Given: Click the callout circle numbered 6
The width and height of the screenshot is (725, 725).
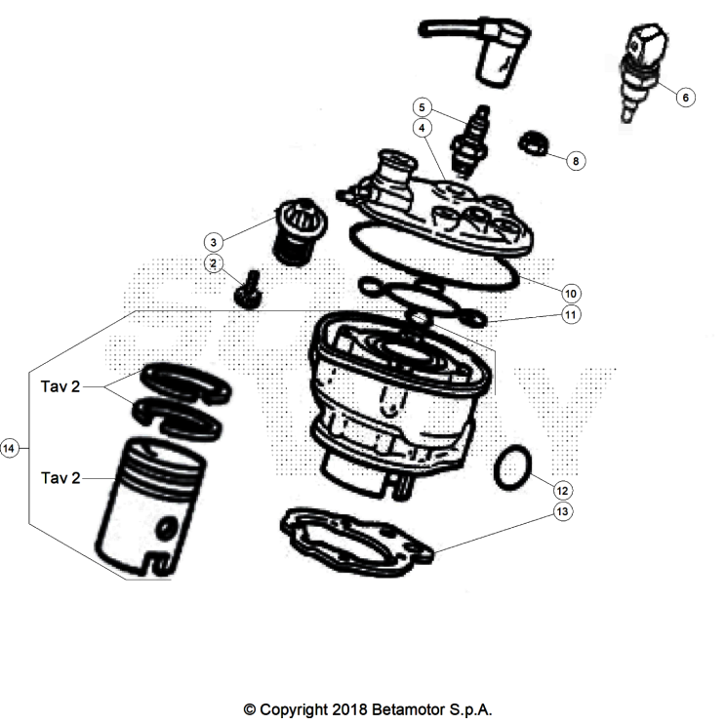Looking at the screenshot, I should click(x=684, y=97).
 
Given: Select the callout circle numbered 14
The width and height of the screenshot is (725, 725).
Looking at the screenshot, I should click(x=11, y=448).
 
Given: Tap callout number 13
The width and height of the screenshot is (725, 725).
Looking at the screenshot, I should click(x=561, y=510).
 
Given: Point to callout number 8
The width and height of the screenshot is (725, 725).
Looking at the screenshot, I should click(x=576, y=161).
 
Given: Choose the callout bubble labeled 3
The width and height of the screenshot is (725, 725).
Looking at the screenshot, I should click(x=212, y=241).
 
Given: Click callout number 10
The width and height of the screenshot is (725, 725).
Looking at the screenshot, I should click(x=572, y=292).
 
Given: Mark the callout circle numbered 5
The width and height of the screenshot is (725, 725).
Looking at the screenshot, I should click(x=422, y=105).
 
